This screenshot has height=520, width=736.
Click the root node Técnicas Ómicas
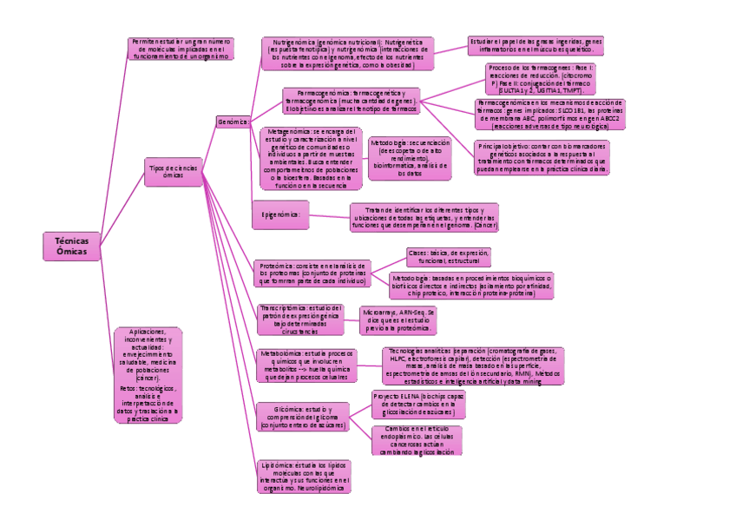[72, 246]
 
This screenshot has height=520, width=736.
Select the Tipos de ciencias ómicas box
[173, 171]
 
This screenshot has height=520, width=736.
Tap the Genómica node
[233, 122]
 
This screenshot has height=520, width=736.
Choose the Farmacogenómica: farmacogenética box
[351, 101]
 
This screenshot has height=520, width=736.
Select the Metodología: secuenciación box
[410, 158]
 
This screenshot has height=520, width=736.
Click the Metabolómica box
[306, 365]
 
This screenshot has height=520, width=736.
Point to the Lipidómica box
[304, 477]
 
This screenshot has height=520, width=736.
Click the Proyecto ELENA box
[418, 404]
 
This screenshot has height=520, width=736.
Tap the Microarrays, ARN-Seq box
[398, 319]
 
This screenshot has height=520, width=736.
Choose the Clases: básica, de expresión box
[449, 256]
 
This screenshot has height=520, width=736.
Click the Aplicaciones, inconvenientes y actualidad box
[148, 375]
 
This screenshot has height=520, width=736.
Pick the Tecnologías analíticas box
[474, 365]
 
